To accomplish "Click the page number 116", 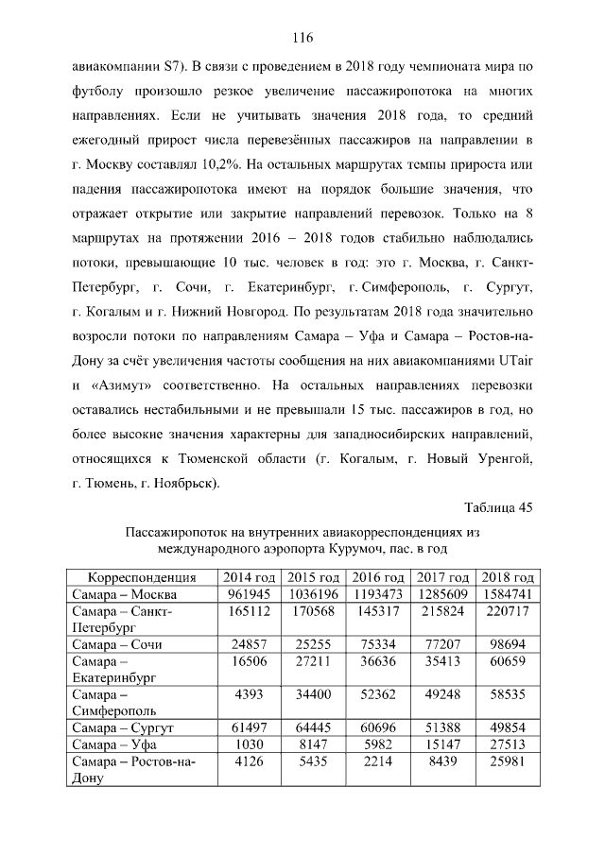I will pos(302,38).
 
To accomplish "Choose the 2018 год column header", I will pos(508,577).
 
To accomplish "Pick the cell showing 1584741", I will pos(508,594).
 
